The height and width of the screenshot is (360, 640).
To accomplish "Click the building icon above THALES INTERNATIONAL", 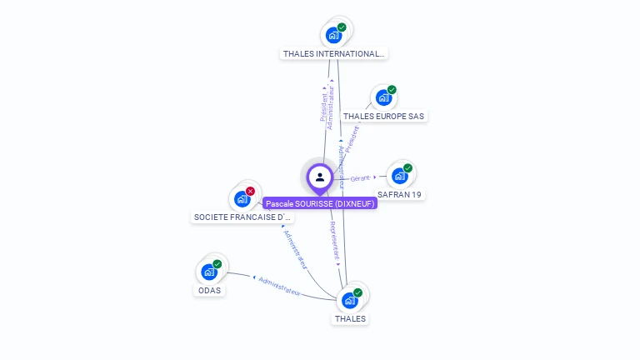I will pos(333,35).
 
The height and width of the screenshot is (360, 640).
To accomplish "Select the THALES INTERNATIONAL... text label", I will pos(333,54).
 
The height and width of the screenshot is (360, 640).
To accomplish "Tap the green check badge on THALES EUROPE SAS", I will pos(392,90).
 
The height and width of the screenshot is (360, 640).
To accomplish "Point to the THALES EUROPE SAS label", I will pos(384,117).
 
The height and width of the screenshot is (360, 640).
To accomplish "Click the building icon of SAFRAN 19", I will pos(400,176).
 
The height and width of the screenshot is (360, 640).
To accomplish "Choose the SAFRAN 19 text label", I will pos(400,194).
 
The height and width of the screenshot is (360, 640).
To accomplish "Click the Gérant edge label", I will pos(360,178).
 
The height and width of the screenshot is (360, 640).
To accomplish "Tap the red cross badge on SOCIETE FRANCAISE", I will pos(250,192).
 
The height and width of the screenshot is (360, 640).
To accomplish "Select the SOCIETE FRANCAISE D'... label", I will pos(242,217).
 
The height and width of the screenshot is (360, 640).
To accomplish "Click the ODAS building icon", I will pos(209,272).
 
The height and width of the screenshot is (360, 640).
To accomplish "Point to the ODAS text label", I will pos(209,291).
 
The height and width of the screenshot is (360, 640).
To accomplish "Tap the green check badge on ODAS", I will pos(217,264).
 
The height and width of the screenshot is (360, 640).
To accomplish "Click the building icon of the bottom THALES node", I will pos(350,300).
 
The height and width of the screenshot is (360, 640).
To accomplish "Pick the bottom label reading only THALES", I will pos(350,319).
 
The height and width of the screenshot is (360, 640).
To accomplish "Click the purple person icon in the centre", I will pos(320,177).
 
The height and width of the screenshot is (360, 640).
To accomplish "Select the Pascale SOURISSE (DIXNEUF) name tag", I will pos(321,203).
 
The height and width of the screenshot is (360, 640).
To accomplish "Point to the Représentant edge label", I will pos(335,239).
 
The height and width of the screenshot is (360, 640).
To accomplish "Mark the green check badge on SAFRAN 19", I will pos(407,168).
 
